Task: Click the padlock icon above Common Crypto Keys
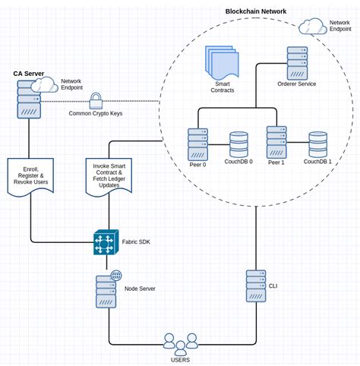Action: pyautogui.click(x=96, y=99)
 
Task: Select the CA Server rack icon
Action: pyautogui.click(x=28, y=99)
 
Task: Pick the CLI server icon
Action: pyautogui.click(x=256, y=286)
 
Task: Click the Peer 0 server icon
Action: pyautogui.click(x=198, y=144)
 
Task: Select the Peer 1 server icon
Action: pyautogui.click(x=276, y=143)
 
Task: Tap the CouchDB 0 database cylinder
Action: pyautogui.click(x=240, y=144)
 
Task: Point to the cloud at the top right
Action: pyautogui.click(x=312, y=28)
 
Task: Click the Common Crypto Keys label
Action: pyautogui.click(x=96, y=113)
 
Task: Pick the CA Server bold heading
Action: pyautogui.click(x=28, y=73)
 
